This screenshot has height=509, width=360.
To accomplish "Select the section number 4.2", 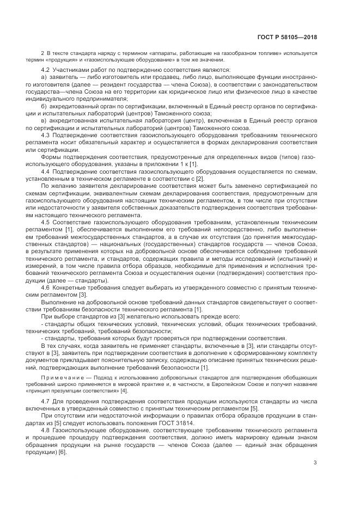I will coord(46,70).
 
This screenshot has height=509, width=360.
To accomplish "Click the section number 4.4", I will coord(46,171).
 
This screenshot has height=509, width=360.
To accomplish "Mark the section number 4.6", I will coord(46,286).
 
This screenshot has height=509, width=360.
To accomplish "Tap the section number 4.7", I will coord(46,401).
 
